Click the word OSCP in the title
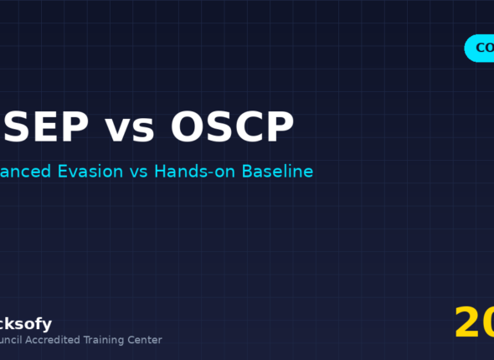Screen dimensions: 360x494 232,127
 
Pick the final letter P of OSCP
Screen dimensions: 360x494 279,127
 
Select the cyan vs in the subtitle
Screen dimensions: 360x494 138,172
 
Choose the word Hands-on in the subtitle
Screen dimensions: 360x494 196,172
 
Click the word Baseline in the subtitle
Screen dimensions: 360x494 277,172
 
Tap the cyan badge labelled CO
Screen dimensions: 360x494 481,49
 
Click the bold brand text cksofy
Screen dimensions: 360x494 26,324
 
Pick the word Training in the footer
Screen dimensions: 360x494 107,340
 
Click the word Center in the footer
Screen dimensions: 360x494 147,340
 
